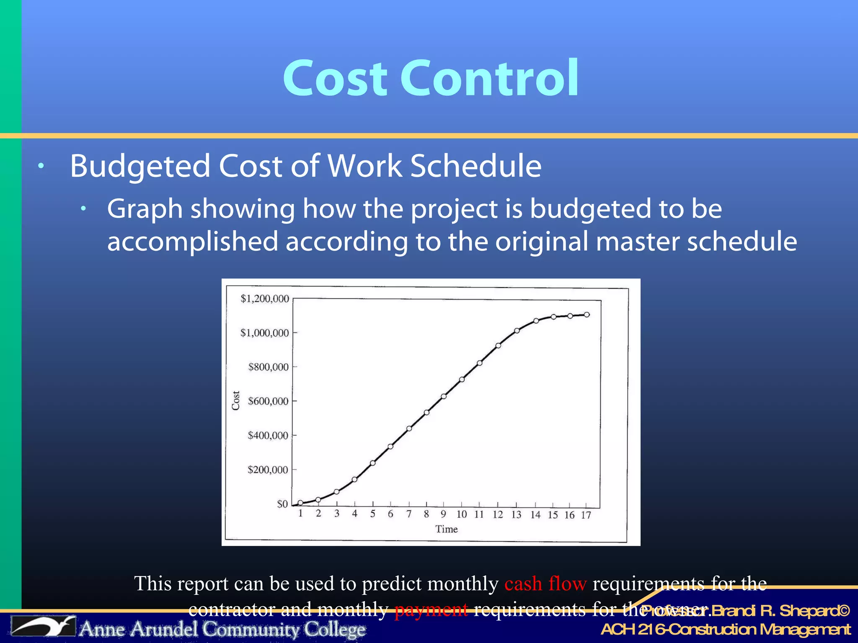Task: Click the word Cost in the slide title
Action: click(335, 78)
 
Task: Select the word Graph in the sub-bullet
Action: click(145, 209)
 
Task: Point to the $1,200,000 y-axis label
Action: click(265, 299)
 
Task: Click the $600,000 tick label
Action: click(268, 401)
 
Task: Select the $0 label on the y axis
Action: click(282, 504)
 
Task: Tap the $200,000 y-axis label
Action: click(268, 470)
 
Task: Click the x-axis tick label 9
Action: click(443, 514)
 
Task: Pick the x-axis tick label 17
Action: click(586, 515)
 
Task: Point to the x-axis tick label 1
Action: click(300, 513)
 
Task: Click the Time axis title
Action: click(446, 530)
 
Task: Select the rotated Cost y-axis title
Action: click(236, 401)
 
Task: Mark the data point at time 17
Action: click(587, 314)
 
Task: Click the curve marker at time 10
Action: click(462, 380)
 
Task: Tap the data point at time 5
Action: click(373, 463)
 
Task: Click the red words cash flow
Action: click(545, 584)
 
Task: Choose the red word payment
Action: click(431, 610)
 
